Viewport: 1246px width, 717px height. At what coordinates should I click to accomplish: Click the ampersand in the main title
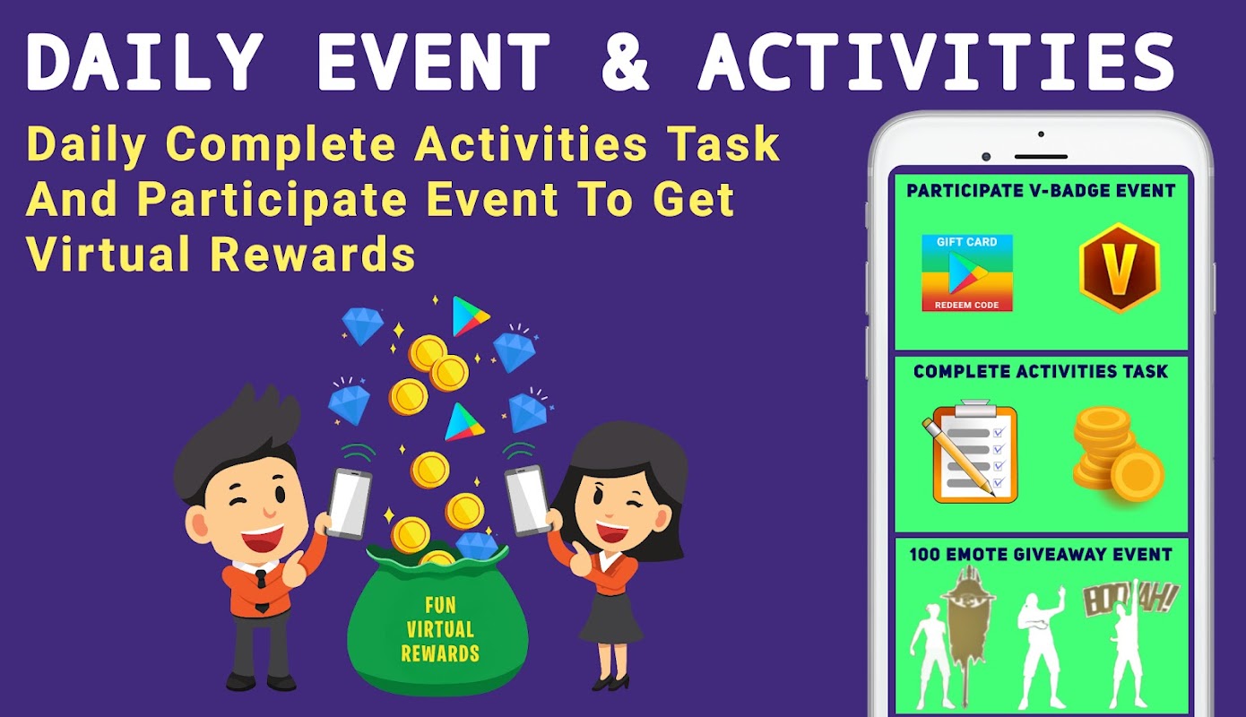625,61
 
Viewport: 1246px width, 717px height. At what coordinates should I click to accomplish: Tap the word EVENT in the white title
433,61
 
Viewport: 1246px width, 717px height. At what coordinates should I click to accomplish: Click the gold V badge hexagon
1120,267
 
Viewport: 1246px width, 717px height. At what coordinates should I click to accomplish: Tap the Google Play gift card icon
966,272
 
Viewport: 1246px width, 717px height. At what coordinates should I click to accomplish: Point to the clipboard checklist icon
970,451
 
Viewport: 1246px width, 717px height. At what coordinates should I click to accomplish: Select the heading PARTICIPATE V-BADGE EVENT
1040,191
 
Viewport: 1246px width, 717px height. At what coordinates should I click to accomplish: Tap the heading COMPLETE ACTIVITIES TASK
1040,372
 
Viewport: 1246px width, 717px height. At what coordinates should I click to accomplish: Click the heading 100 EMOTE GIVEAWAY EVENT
1040,554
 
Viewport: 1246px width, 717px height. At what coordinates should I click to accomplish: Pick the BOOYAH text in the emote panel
1129,599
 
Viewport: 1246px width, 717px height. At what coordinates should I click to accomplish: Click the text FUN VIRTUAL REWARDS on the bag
440,629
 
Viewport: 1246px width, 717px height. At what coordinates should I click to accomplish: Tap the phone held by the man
350,504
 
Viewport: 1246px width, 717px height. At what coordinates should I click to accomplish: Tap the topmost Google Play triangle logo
470,316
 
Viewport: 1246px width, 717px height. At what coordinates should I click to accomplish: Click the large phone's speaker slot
1041,157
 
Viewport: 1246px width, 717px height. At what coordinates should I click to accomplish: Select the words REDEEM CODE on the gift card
966,305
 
